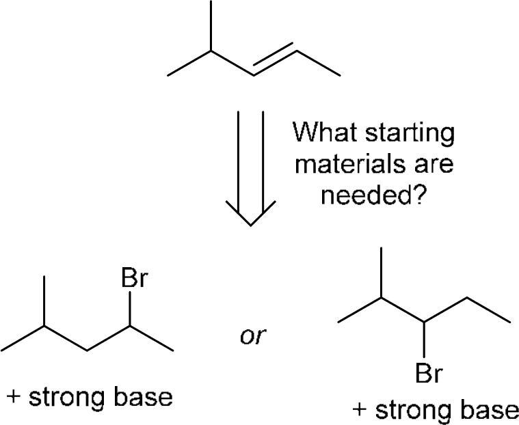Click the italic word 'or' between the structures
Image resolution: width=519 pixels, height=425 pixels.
(255, 335)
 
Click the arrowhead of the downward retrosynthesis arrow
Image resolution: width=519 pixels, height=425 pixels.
(250, 215)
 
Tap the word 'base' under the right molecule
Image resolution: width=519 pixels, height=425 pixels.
(489, 410)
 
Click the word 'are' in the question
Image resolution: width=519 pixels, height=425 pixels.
(432, 165)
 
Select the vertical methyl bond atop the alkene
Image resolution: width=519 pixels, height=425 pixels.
(211, 25)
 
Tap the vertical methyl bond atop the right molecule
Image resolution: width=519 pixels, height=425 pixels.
(382, 273)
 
